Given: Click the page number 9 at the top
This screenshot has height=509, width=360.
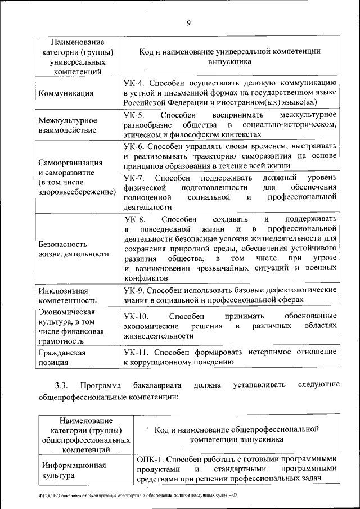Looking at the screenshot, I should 189,22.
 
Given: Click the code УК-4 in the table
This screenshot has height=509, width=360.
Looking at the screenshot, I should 134,83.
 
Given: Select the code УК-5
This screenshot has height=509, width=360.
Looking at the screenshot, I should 134,115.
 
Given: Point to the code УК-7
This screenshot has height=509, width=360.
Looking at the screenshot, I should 134,178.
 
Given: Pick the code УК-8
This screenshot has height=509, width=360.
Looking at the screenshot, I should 135,219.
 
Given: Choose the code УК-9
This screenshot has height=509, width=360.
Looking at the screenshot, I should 134,290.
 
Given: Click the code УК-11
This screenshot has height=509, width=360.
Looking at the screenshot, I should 136,352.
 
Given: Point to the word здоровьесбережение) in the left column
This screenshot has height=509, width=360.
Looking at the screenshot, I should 76,191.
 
